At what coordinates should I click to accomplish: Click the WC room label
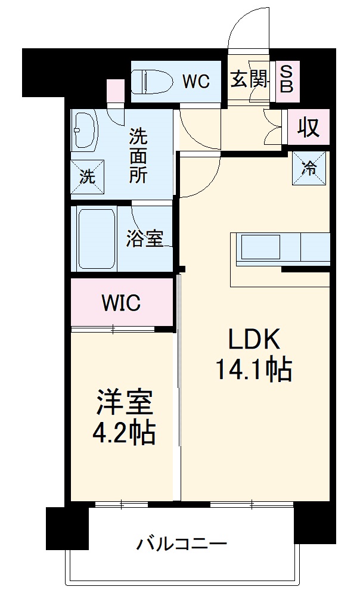[x=195, y=82]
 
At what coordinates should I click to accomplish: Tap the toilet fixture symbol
[x=151, y=81]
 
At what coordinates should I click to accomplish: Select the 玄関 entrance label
[x=249, y=79]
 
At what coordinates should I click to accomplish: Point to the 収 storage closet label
[x=308, y=128]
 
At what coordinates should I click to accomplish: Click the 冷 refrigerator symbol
[x=309, y=167]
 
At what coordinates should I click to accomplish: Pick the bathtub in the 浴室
[x=96, y=239]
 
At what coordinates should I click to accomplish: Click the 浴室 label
[x=144, y=239]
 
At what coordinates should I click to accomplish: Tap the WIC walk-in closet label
[x=120, y=303]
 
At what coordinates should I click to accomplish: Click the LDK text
[x=253, y=340]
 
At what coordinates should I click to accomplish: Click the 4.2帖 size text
[x=124, y=434]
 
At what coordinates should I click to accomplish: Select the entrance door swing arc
[x=250, y=27]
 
